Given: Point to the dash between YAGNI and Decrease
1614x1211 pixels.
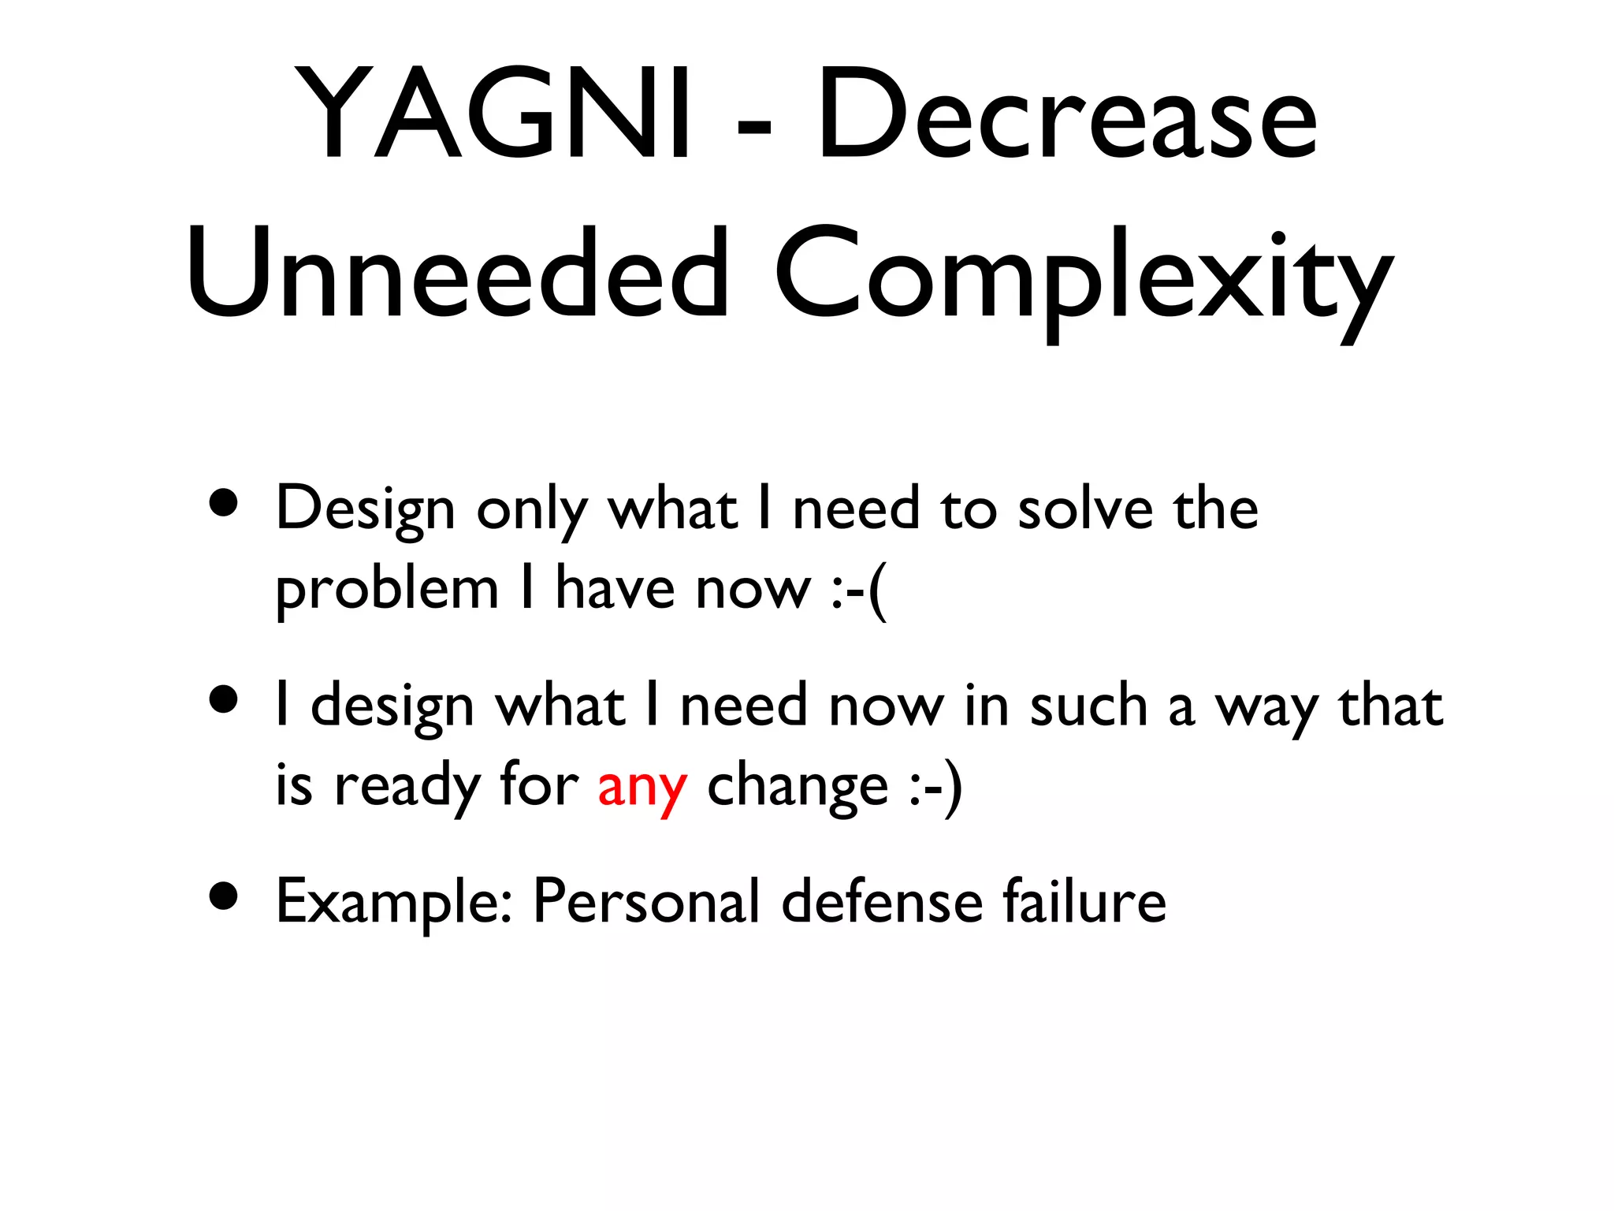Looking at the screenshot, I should click(753, 126).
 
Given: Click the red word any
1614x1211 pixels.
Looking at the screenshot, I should click(642, 787).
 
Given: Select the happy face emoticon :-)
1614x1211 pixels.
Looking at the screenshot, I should click(935, 787).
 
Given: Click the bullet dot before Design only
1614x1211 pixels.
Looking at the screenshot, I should click(225, 502).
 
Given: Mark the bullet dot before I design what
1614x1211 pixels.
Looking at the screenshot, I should click(225, 699).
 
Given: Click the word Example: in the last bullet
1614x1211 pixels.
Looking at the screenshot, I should click(394, 903).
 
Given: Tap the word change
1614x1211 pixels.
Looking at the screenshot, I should click(798, 787).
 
